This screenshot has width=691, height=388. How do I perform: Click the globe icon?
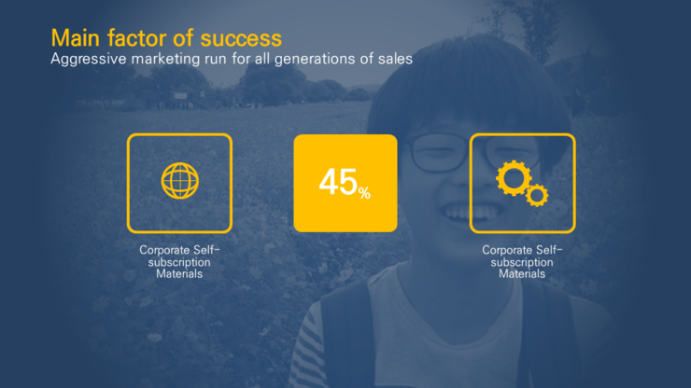[180, 181]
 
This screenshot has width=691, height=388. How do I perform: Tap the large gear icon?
[514, 178]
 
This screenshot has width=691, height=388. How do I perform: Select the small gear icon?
[537, 196]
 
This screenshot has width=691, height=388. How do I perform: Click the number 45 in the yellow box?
[338, 182]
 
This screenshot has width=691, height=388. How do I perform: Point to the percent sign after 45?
[364, 193]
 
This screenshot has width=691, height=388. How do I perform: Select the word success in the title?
[241, 39]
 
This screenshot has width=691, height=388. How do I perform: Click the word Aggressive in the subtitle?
[88, 60]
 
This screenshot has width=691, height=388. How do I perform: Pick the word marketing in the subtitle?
[165, 60]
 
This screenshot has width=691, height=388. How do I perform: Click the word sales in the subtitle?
[395, 59]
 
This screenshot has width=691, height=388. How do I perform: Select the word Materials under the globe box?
[179, 274]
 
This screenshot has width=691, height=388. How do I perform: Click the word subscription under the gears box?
[522, 262]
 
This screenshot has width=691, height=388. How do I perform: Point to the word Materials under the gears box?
[522, 274]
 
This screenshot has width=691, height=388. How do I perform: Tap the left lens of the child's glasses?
[439, 152]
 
